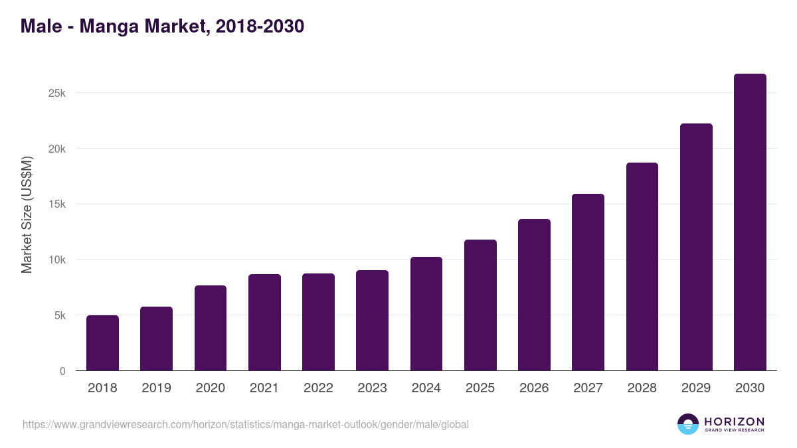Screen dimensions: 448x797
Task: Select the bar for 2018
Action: click(102, 343)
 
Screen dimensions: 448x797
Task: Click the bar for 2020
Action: click(211, 328)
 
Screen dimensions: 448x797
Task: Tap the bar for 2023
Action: click(372, 321)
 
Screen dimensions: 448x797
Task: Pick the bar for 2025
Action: click(480, 305)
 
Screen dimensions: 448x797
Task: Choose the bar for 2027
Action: click(588, 282)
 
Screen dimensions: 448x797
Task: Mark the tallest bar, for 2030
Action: click(750, 222)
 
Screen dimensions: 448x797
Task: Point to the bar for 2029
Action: click(696, 247)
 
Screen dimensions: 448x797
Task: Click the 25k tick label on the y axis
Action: click(57, 93)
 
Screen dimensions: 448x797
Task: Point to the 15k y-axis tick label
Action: click(57, 204)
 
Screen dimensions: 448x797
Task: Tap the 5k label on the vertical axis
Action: click(60, 316)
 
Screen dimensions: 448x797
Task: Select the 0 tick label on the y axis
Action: click(62, 372)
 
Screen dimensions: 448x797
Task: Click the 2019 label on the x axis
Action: click(156, 388)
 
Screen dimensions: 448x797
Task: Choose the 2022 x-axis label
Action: click(318, 388)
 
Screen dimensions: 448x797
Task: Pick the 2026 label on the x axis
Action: click(534, 388)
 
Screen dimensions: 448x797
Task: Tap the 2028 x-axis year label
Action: click(642, 388)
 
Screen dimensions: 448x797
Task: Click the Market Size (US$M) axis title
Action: click(27, 214)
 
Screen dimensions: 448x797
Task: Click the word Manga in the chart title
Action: click(112, 26)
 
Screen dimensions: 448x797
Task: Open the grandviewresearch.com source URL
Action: click(246, 424)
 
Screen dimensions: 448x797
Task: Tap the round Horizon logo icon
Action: click(688, 424)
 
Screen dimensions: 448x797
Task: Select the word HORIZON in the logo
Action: click(734, 421)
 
